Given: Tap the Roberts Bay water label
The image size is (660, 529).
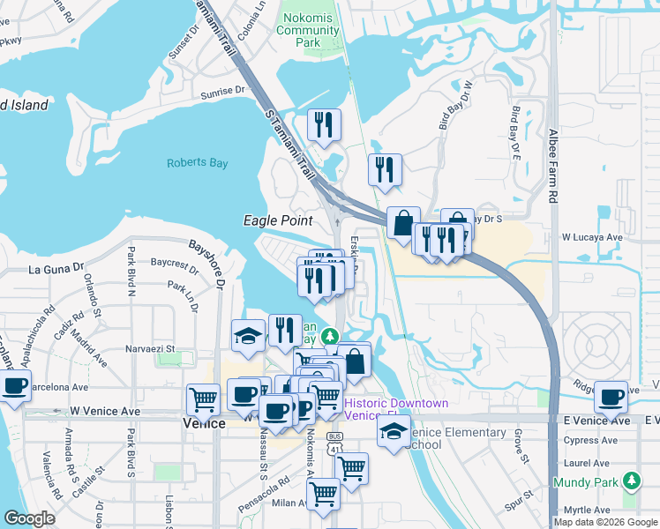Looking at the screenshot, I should coord(198,163).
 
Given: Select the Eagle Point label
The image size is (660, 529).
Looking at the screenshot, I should coord(274,220).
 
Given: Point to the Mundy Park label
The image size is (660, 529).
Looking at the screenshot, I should coord(586,482).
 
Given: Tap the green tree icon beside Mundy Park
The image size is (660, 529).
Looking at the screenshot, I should coord(631,481).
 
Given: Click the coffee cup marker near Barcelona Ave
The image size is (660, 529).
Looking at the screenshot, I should coord(15,387).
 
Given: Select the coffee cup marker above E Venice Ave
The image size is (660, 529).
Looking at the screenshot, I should coord(611,396).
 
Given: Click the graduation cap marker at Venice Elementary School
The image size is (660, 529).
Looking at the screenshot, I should coord(393,431).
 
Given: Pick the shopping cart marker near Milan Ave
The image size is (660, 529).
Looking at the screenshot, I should coord(323,495).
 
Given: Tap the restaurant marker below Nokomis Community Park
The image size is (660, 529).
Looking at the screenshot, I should coord(324,125).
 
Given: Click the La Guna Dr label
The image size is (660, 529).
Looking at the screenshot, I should coord(56,269).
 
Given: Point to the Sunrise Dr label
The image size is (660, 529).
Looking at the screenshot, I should coord(222,91).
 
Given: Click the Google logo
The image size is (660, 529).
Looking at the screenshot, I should coord(28,518).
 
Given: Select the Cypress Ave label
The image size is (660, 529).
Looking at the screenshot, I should coord(594,438).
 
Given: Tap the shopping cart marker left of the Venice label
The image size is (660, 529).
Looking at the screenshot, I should coord(204,400).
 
